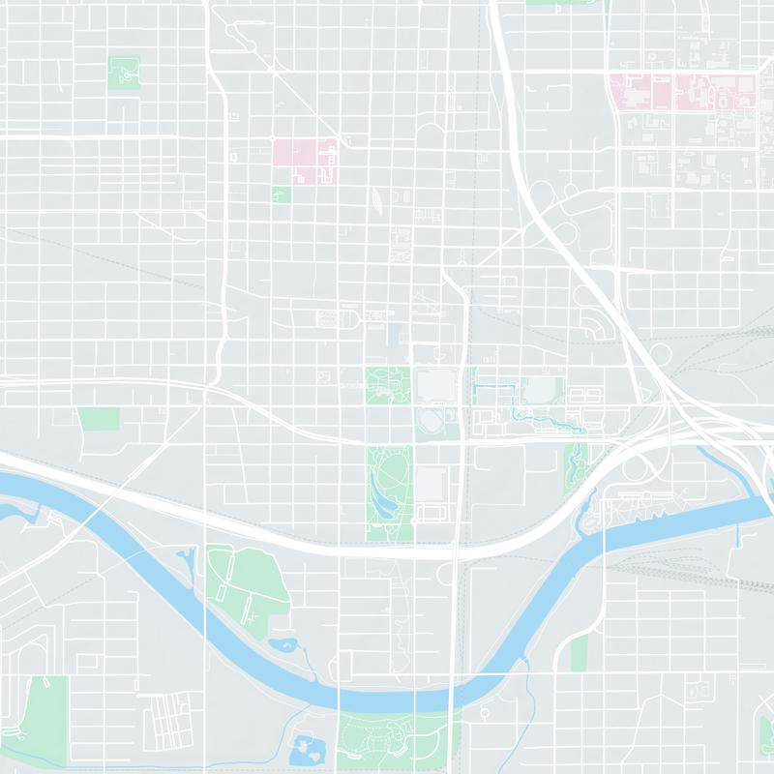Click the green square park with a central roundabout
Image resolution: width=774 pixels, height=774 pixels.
point(124,73)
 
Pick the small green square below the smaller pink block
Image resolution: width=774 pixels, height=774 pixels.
point(282,194)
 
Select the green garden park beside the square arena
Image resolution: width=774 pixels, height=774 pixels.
point(387,386)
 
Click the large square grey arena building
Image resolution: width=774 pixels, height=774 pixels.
point(435,386)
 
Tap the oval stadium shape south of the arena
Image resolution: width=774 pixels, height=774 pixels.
point(432,422)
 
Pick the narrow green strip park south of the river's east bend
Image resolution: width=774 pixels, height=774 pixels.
point(579,653)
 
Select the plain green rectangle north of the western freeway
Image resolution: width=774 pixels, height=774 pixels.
point(98,418)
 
